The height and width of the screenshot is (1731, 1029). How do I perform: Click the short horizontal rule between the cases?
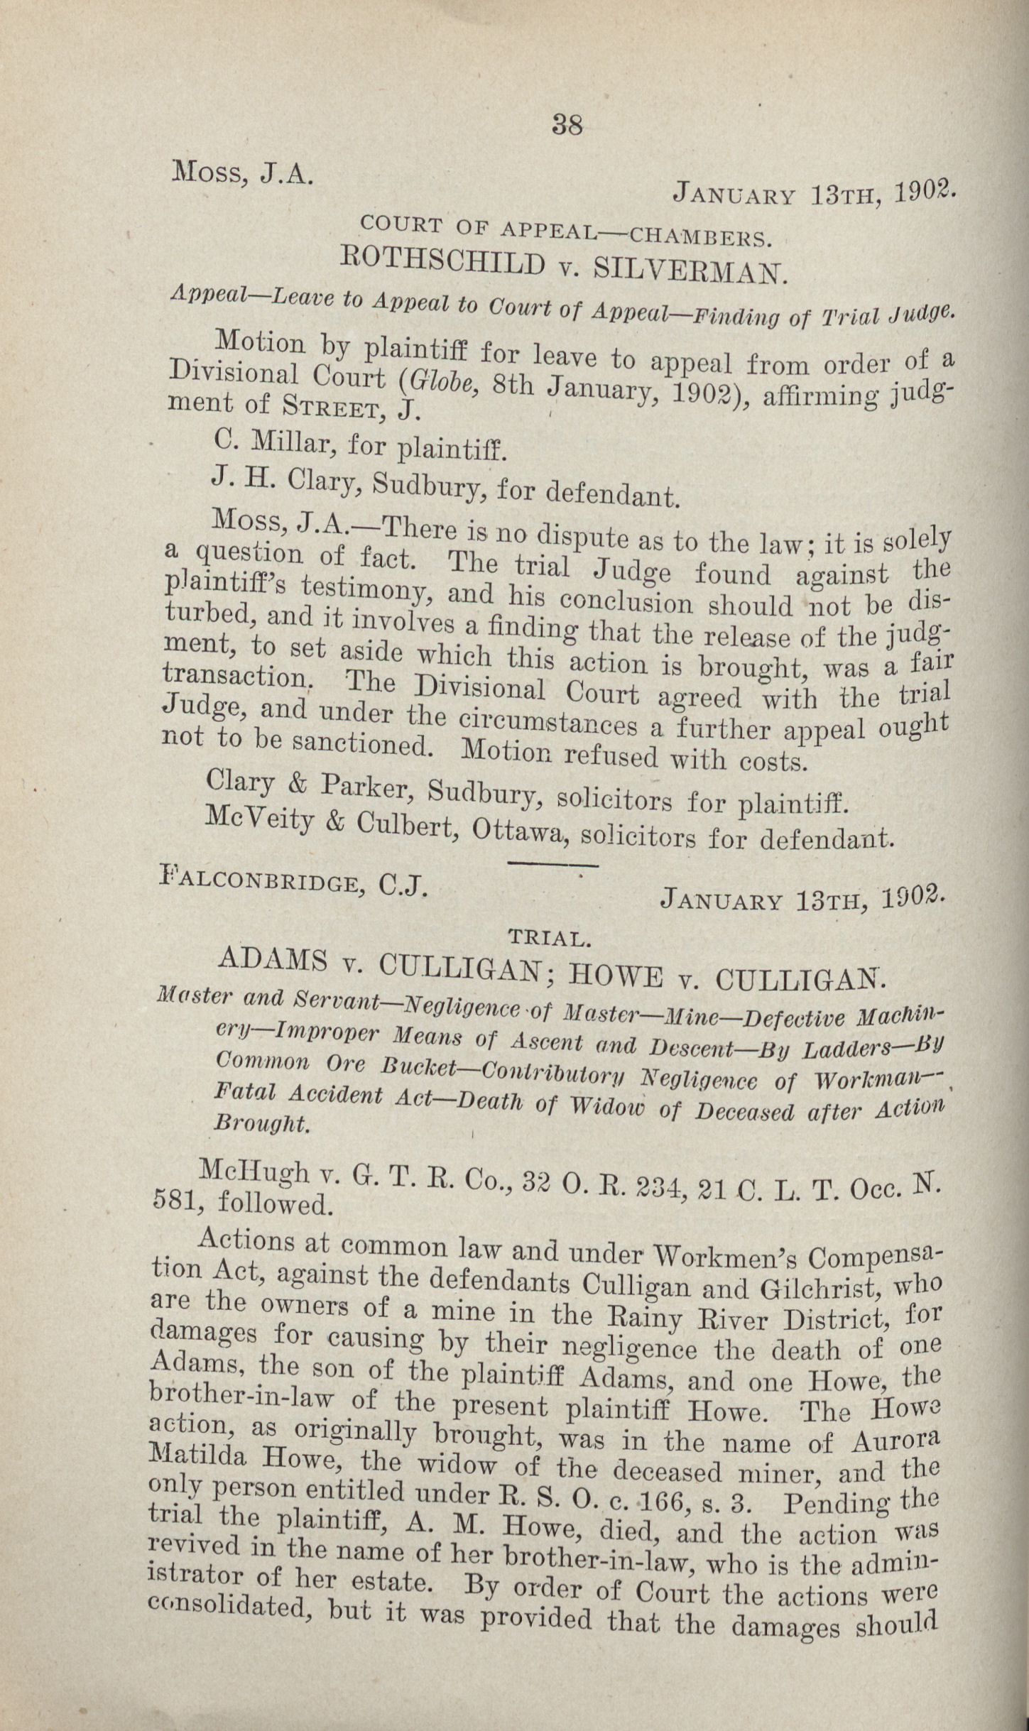554,865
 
